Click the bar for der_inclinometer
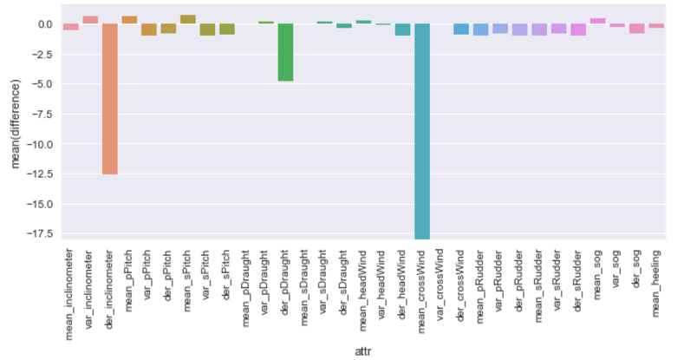click(110, 99)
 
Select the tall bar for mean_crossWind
click(423, 130)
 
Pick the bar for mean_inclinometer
click(71, 27)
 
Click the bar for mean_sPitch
click(188, 19)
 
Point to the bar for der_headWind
click(403, 29)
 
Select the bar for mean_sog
click(598, 21)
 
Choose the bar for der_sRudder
click(579, 29)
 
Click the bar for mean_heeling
click(657, 26)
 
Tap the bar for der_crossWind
click(461, 29)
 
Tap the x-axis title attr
click(365, 350)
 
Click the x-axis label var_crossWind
click(442, 287)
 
